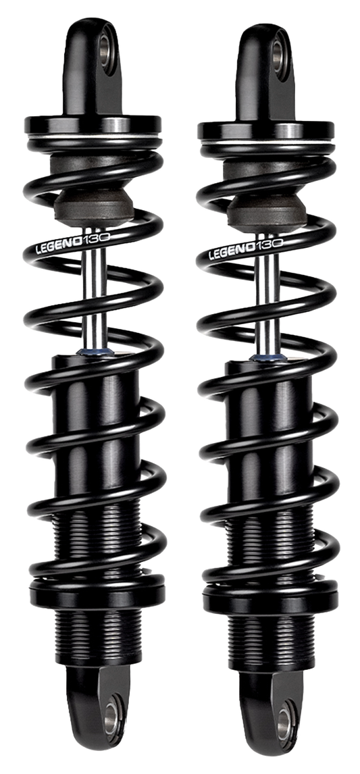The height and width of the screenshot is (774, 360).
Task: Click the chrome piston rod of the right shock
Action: pos(267,301)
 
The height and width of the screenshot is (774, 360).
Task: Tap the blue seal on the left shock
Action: pos(89,352)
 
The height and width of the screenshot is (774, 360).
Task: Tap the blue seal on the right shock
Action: pos(262,357)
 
